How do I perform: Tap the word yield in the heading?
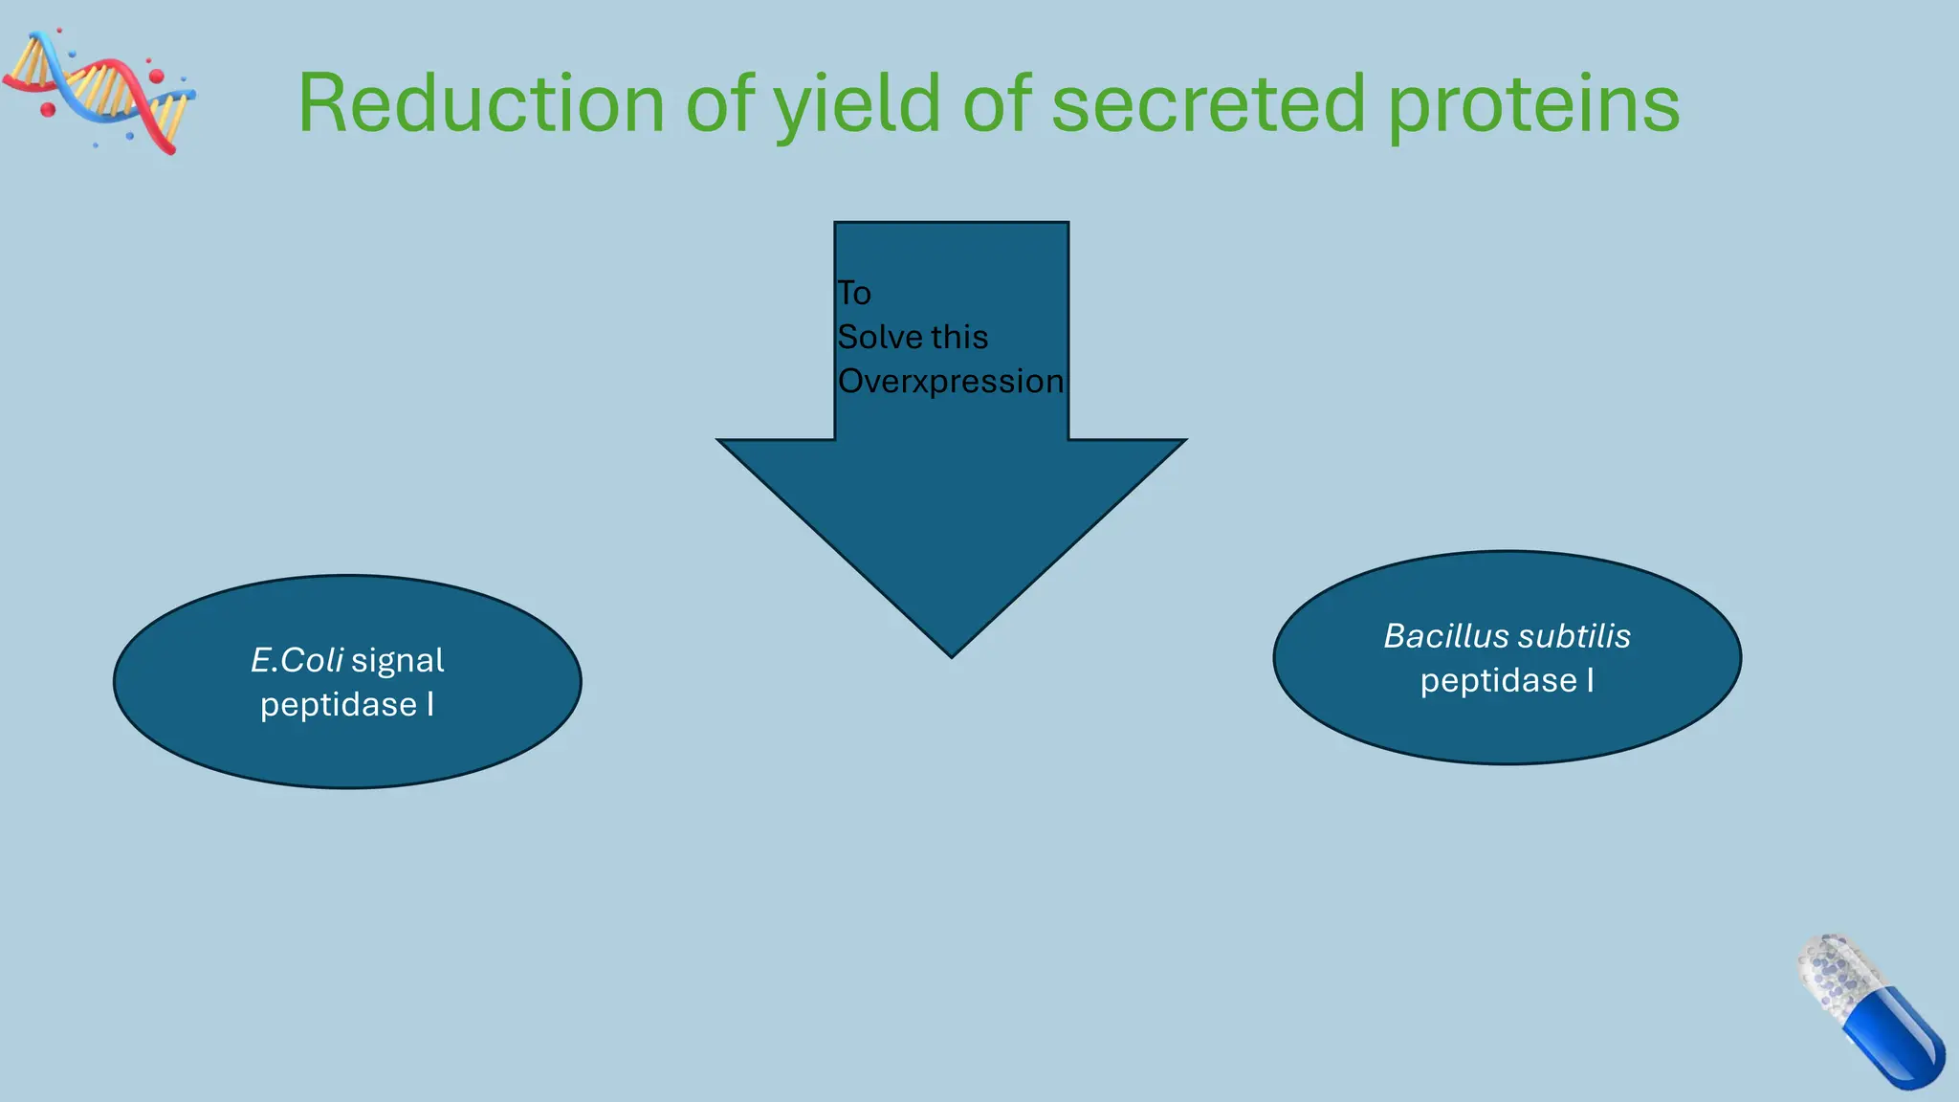(857, 105)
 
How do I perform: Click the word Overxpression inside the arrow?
(950, 382)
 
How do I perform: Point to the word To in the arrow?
(854, 294)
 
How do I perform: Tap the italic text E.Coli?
(297, 660)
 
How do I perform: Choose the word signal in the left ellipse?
(397, 660)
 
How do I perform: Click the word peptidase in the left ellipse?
(339, 705)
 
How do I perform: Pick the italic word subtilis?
(1574, 636)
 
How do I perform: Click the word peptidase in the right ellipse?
(1498, 681)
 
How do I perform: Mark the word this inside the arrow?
(959, 338)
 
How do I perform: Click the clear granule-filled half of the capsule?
(1838, 976)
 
